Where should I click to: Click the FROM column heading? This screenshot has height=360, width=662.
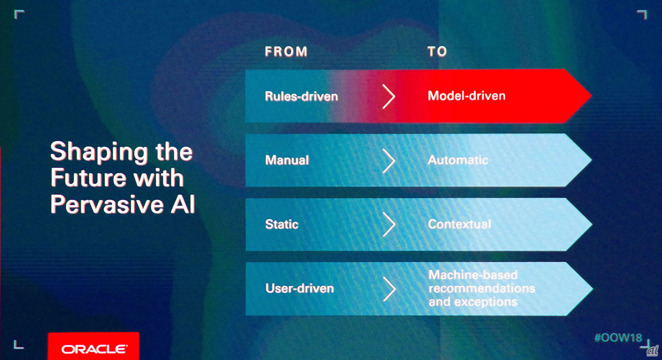pyautogui.click(x=286, y=51)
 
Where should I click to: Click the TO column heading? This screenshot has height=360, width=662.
pyautogui.click(x=437, y=51)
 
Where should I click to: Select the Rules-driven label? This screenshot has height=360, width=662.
pyautogui.click(x=301, y=96)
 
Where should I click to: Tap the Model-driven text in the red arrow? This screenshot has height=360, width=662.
pyautogui.click(x=467, y=96)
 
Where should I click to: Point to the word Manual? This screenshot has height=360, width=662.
pyautogui.click(x=287, y=160)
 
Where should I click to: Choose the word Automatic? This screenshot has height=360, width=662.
pyautogui.click(x=458, y=160)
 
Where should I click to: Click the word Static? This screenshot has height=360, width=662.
pyautogui.click(x=282, y=224)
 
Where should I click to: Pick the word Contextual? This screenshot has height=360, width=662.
pyautogui.click(x=460, y=224)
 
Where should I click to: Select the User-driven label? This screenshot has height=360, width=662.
pyautogui.click(x=299, y=289)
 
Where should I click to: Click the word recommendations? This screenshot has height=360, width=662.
pyautogui.click(x=482, y=288)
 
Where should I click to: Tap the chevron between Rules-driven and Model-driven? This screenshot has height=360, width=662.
pyautogui.click(x=388, y=96)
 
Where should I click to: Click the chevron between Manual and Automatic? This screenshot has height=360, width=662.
pyautogui.click(x=388, y=160)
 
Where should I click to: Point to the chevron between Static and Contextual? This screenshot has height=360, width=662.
pyautogui.click(x=389, y=224)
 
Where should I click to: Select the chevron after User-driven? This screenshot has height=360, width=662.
pyautogui.click(x=389, y=289)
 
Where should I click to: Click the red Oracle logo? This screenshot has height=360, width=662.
pyautogui.click(x=94, y=346)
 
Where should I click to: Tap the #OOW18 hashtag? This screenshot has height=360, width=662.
pyautogui.click(x=618, y=338)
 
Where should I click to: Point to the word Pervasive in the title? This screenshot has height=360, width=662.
pyautogui.click(x=107, y=204)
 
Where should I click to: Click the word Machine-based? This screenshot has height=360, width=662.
pyautogui.click(x=473, y=275)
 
